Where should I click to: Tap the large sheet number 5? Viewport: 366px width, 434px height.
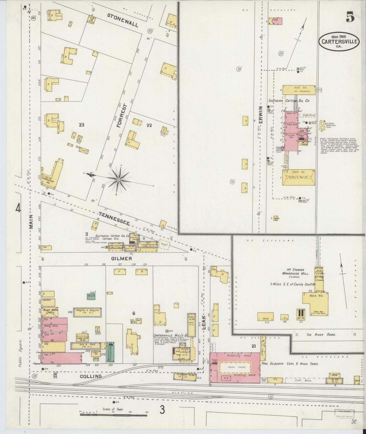(x=350, y=17)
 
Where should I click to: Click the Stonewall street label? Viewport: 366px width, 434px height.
(x=122, y=20)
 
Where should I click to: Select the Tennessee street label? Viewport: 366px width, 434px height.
(x=114, y=219)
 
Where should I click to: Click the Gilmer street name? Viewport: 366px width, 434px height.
(x=121, y=259)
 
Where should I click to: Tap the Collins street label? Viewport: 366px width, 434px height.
(x=91, y=376)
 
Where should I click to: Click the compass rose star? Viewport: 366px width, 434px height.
(x=118, y=179)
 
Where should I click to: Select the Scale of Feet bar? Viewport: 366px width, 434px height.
(x=113, y=415)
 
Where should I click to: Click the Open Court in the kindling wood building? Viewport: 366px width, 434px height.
(x=235, y=367)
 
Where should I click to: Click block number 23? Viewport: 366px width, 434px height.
(x=81, y=125)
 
